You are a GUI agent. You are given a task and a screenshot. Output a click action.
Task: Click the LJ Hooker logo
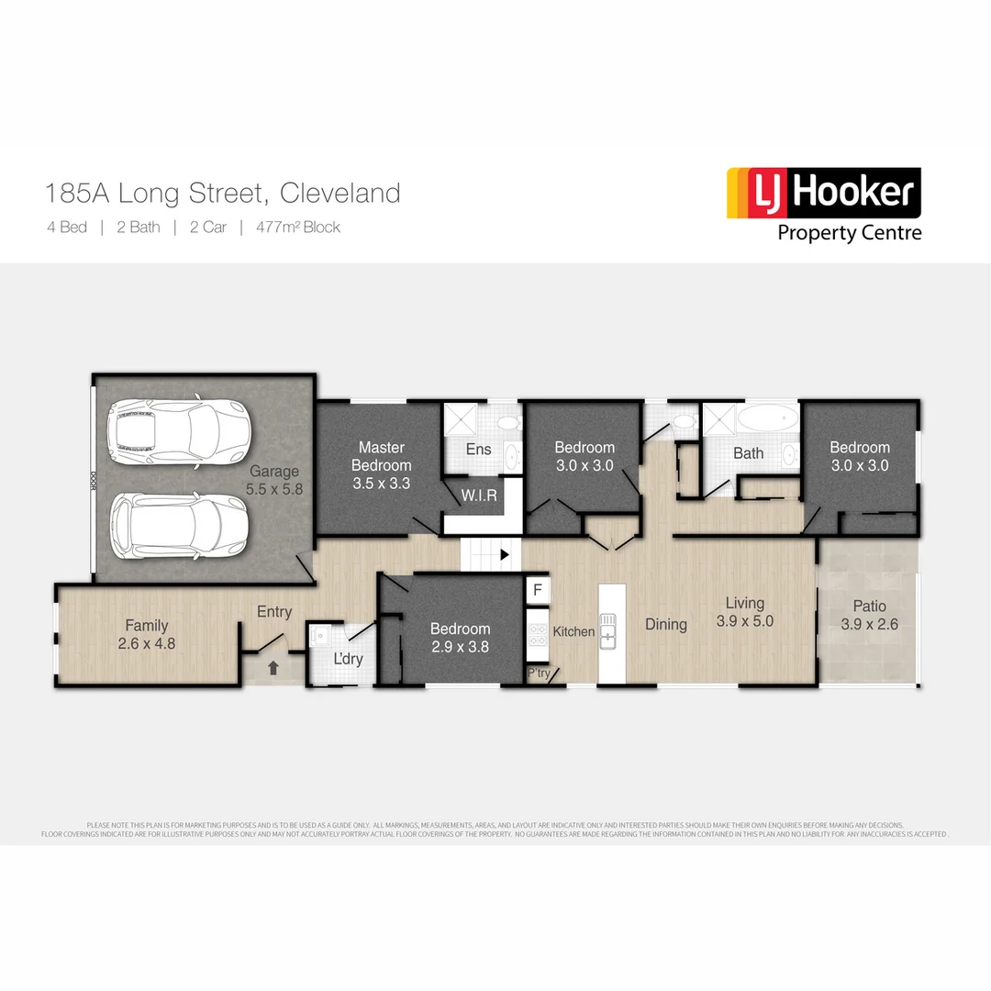click(823, 204)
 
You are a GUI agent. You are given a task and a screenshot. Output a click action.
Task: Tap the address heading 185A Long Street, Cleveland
click(223, 194)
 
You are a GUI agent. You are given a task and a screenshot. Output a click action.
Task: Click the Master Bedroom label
click(381, 456)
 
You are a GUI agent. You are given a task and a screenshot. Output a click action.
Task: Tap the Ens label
click(478, 449)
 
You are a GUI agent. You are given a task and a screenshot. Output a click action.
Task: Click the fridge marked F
click(538, 589)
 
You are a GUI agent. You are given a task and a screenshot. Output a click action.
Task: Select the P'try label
click(539, 674)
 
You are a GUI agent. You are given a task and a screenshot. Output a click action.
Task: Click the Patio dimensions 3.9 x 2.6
click(869, 624)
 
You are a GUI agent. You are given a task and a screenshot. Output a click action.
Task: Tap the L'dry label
click(348, 659)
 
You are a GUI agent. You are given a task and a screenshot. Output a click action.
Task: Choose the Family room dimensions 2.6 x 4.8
click(147, 643)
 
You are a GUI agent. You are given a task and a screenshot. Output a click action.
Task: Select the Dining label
click(665, 624)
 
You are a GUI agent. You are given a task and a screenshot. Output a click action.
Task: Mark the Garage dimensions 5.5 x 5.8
click(273, 489)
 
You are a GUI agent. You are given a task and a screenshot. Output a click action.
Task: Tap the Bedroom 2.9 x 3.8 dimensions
click(460, 646)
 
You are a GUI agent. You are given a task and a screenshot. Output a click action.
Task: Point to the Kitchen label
click(573, 631)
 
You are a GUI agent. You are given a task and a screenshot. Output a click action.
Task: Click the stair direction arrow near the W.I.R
click(504, 554)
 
